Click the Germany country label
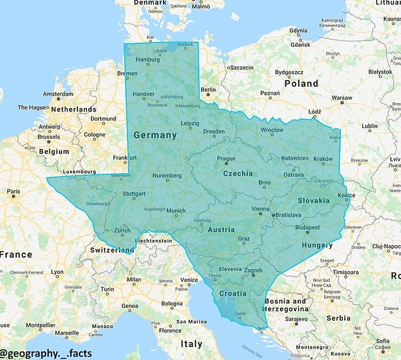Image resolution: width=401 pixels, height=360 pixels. point(155,135)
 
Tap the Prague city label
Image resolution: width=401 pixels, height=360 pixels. point(226,159)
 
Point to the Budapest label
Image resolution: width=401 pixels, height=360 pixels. point(307,228)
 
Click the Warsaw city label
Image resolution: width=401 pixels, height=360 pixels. point(342,98)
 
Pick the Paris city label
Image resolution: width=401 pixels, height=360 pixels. point(13,192)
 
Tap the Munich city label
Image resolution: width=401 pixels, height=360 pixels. point(176,211)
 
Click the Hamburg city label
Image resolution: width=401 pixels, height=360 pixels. point(148,59)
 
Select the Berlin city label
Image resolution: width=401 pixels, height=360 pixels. point(208,89)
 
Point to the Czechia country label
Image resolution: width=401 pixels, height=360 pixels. point(237,174)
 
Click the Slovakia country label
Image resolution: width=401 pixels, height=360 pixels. point(313,200)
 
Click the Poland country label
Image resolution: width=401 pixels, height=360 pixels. point(301,83)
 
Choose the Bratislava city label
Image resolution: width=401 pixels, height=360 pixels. point(289,215)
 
